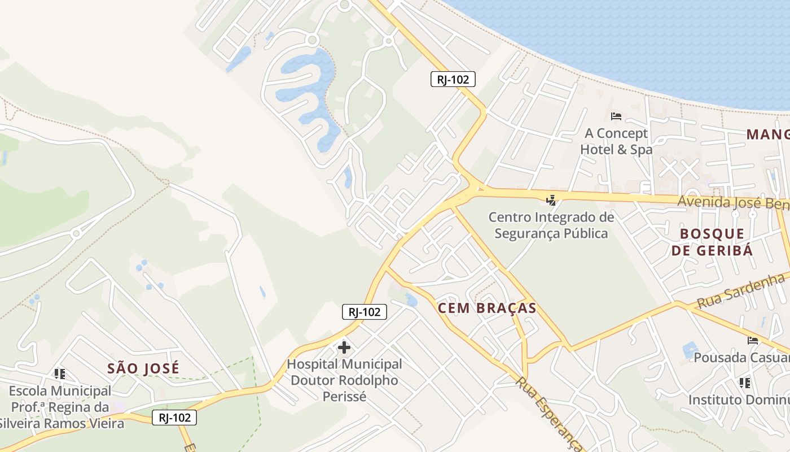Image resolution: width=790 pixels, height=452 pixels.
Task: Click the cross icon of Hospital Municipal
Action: click(x=344, y=347)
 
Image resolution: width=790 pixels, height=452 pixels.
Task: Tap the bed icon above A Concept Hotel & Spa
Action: click(x=616, y=116)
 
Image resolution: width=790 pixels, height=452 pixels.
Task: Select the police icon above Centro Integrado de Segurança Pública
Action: click(x=551, y=199)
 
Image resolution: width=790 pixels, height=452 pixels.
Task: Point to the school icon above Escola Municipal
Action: click(x=60, y=373)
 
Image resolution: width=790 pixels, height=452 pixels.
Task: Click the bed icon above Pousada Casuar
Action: click(x=753, y=340)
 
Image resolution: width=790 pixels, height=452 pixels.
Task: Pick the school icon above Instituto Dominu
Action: click(x=745, y=383)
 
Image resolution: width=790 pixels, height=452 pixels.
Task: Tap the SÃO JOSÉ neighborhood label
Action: click(x=143, y=368)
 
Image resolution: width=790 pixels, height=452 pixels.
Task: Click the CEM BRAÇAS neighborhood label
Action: click(x=487, y=308)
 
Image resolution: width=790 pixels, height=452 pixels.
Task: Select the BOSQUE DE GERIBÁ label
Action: click(x=712, y=242)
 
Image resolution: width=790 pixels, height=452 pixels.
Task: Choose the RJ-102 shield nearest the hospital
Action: click(x=364, y=311)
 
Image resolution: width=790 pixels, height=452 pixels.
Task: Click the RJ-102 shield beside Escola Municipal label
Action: click(x=174, y=418)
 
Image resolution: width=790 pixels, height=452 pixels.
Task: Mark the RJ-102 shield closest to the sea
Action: click(x=453, y=79)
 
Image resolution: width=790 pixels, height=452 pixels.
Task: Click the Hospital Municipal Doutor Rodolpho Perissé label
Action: click(x=344, y=380)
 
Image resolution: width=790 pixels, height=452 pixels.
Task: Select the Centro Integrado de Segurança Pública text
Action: click(x=551, y=225)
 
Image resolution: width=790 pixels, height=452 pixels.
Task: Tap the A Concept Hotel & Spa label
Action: click(x=616, y=141)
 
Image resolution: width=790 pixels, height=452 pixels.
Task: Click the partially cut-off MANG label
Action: click(x=767, y=134)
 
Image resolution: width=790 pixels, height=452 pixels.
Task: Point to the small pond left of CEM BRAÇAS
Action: click(x=411, y=300)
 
